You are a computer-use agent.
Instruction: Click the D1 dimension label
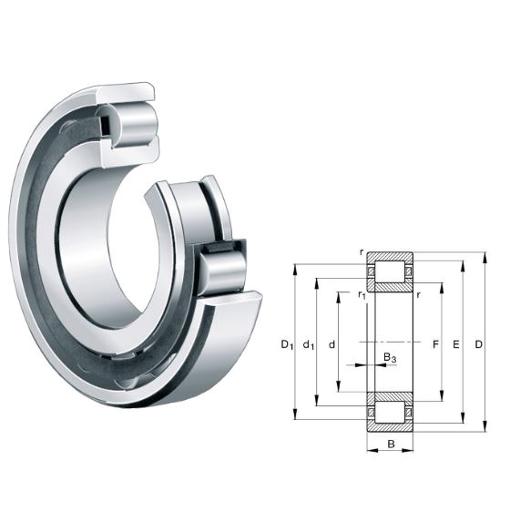286,344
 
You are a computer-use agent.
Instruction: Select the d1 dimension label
309,344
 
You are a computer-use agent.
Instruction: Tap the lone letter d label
332,344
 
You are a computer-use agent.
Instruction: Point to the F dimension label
435,344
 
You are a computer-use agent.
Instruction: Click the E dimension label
455,344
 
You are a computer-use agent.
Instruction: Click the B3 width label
390,358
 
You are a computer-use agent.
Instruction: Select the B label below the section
390,445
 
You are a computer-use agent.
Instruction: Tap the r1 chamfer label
362,294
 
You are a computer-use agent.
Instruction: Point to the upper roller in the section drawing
390,272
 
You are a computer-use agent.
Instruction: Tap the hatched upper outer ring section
390,256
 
